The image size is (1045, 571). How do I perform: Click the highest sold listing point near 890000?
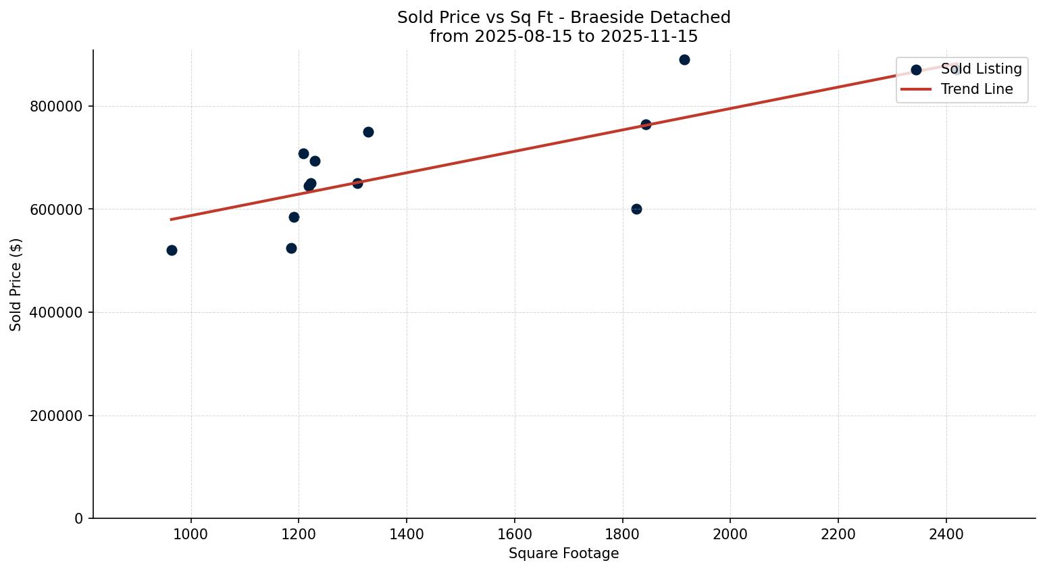[x=684, y=59]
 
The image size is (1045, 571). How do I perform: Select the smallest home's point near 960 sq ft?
[x=172, y=250]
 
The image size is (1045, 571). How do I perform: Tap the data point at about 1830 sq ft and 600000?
[x=636, y=209]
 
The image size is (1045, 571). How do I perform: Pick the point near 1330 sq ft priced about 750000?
[x=368, y=132]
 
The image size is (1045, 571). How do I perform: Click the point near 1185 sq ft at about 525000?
[x=291, y=248]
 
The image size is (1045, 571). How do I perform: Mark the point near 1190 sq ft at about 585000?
[x=294, y=217]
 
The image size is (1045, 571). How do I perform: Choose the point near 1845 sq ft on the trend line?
[x=646, y=124]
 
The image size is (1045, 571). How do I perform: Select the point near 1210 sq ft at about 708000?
[x=303, y=153]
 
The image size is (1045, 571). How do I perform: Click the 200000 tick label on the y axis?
[x=57, y=416]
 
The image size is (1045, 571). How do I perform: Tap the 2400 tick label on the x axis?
[x=946, y=534]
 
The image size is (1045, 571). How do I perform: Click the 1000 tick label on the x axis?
[x=191, y=534]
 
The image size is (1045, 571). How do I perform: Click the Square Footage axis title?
[x=563, y=553]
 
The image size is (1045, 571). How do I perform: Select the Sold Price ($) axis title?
[x=16, y=284]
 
